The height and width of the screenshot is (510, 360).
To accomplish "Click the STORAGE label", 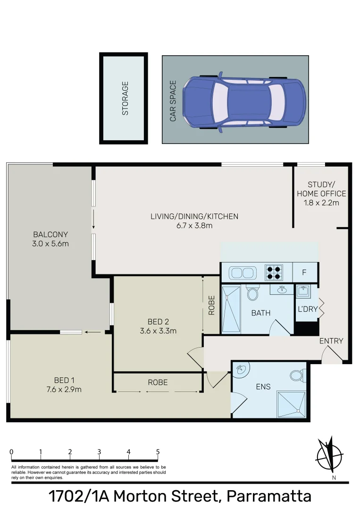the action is pos(125,98).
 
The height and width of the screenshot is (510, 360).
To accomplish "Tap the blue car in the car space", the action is pos(244,102).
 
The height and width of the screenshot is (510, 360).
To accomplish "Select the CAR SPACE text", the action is pos(173,101).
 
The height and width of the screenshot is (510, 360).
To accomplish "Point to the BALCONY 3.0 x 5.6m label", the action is pos(50,239).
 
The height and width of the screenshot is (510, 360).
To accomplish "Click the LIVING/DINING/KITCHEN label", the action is pos(194,216).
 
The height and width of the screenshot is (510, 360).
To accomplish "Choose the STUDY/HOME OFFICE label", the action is pos(321,189).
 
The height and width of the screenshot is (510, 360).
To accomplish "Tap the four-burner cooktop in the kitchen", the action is pos(274,272).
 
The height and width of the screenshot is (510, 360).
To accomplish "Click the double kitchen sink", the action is pos(243,273).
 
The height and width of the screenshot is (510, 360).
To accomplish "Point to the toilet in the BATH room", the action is pos(252,292).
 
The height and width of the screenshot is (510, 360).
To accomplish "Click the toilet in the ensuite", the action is pos(298,375).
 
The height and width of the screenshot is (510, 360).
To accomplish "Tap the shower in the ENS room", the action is pos(292,404).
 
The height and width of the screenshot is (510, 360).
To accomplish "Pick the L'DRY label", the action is pos(307,309).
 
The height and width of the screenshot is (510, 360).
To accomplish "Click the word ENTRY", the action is pos(331,341).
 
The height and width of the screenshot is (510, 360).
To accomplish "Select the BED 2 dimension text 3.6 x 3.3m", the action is pos(158,331).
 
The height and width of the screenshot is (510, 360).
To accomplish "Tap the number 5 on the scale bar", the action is pos(158,452).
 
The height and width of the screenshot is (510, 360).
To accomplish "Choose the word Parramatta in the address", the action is pos(268,496).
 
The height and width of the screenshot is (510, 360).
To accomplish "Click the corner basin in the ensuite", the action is pos(241,369).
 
